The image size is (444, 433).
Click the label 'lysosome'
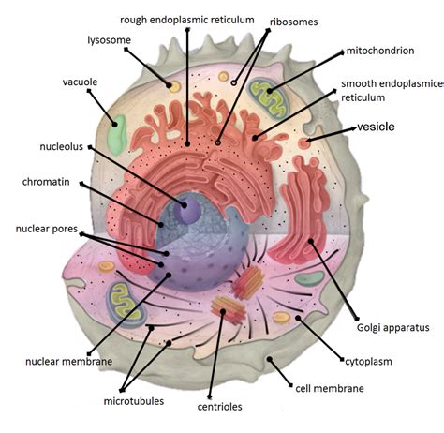click(x=111, y=40)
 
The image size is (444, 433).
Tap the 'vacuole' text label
click(x=81, y=82)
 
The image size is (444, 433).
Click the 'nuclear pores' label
click(x=44, y=228)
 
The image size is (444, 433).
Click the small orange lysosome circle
click(x=174, y=86)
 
